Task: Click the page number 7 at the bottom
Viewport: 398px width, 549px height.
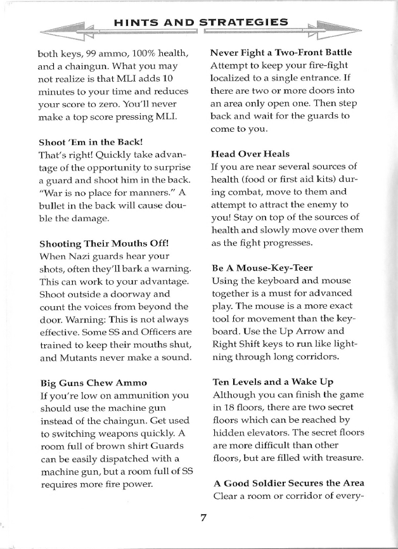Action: pos(203,517)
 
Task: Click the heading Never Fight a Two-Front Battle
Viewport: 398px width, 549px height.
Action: pos(281,51)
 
